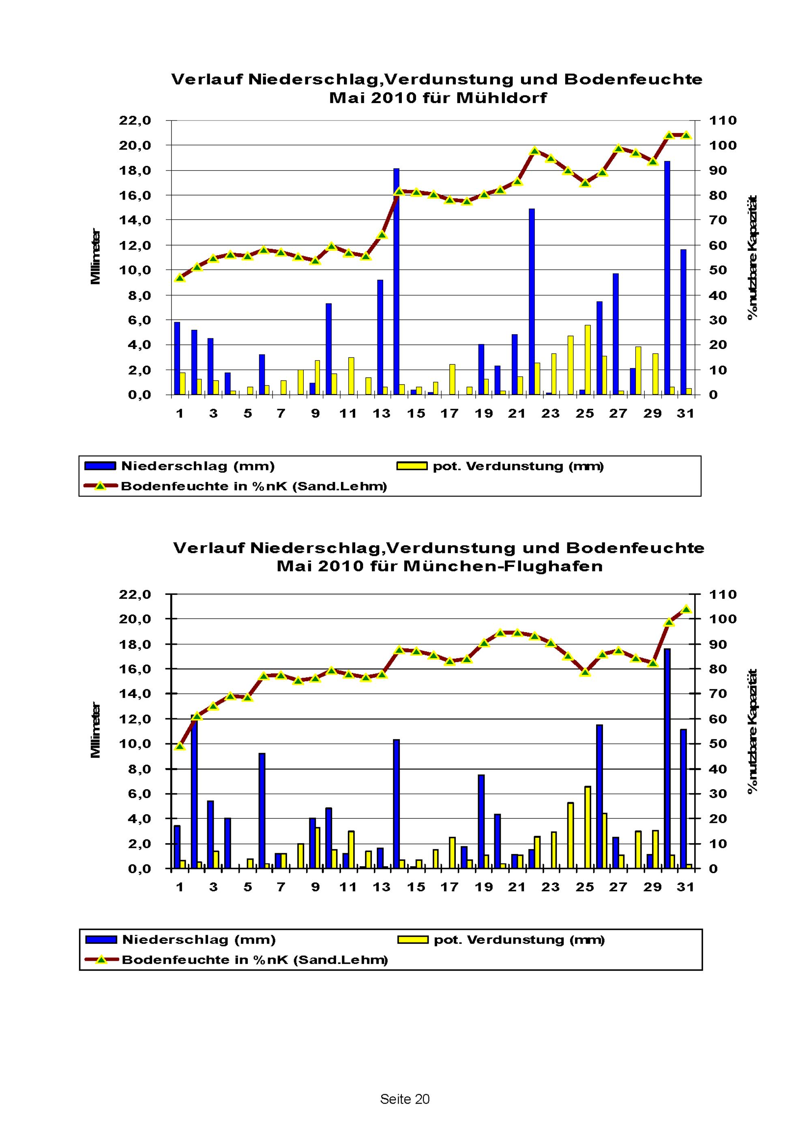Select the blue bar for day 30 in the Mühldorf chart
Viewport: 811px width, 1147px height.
[667, 278]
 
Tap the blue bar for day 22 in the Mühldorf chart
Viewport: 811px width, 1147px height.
[532, 302]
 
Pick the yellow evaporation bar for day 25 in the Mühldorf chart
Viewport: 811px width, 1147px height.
[588, 360]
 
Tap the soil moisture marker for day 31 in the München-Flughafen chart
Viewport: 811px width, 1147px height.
[686, 609]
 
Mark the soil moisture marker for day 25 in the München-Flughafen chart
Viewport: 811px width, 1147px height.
[585, 672]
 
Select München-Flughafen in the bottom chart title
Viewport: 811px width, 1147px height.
[503, 566]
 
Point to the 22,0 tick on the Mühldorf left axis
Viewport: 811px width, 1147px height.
[135, 121]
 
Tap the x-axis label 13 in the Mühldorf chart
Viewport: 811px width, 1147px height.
[382, 413]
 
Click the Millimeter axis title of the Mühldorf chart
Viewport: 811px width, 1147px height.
[95, 257]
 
